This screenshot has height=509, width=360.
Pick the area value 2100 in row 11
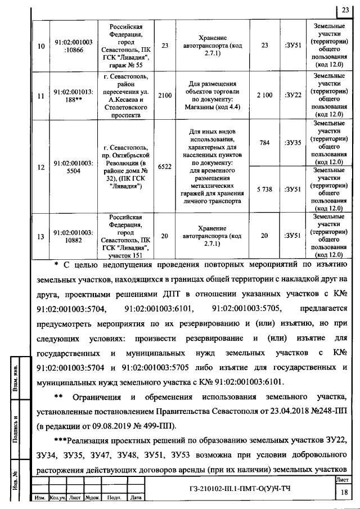click(x=165, y=96)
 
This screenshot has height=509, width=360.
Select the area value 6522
click(x=165, y=167)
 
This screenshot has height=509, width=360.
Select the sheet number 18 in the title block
click(x=343, y=492)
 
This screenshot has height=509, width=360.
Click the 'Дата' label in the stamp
click(x=135, y=498)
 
